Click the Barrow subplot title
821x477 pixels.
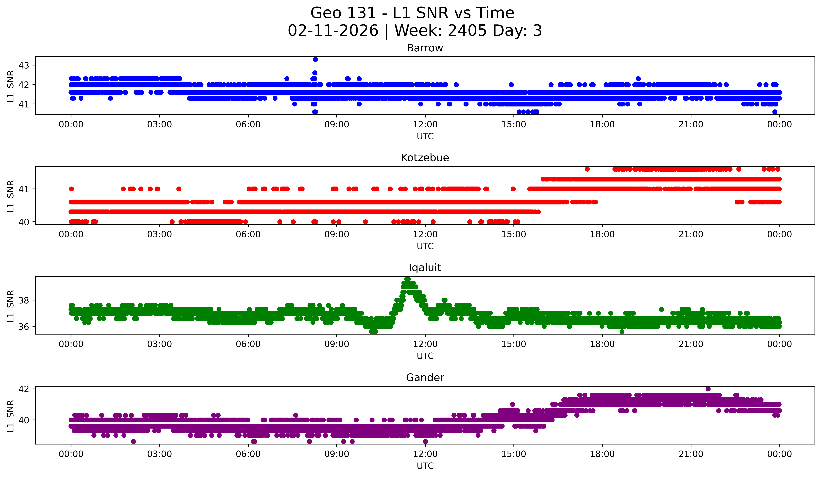click(425, 48)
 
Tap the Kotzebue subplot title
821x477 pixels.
click(425, 158)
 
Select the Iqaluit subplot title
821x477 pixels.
click(425, 268)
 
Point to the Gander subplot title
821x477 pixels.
click(425, 378)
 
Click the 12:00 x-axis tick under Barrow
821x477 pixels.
click(425, 124)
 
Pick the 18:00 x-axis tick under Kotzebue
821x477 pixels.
click(602, 234)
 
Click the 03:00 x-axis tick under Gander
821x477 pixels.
click(160, 454)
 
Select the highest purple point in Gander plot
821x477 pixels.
click(708, 389)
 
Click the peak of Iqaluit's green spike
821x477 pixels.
click(407, 279)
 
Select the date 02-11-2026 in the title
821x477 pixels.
click(333, 31)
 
